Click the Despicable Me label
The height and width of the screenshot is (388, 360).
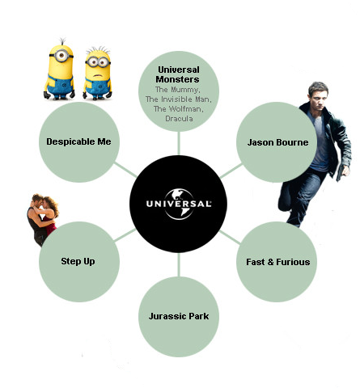click(78, 141)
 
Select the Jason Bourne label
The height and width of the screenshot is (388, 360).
click(277, 142)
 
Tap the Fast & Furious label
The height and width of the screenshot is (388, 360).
click(278, 262)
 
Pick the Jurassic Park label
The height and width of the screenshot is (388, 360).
click(179, 316)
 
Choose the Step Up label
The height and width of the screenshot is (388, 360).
click(78, 261)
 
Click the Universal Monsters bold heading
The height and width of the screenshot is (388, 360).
click(178, 74)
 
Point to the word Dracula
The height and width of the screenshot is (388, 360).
click(179, 119)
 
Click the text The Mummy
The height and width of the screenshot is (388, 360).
click(178, 90)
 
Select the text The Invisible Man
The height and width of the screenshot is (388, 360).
click(179, 99)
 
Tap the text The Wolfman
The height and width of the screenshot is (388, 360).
click(179, 109)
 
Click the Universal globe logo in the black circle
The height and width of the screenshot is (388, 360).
click(179, 204)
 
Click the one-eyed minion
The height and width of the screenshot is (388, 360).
click(60, 70)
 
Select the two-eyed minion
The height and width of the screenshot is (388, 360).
click(97, 73)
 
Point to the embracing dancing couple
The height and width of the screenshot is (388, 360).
click(42, 219)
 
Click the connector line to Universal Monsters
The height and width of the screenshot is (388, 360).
click(179, 143)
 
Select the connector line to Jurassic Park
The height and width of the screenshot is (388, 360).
click(179, 264)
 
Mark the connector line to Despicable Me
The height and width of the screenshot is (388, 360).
click(125, 170)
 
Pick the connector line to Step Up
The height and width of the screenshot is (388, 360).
click(125, 234)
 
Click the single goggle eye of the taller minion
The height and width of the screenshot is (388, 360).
click(61, 56)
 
